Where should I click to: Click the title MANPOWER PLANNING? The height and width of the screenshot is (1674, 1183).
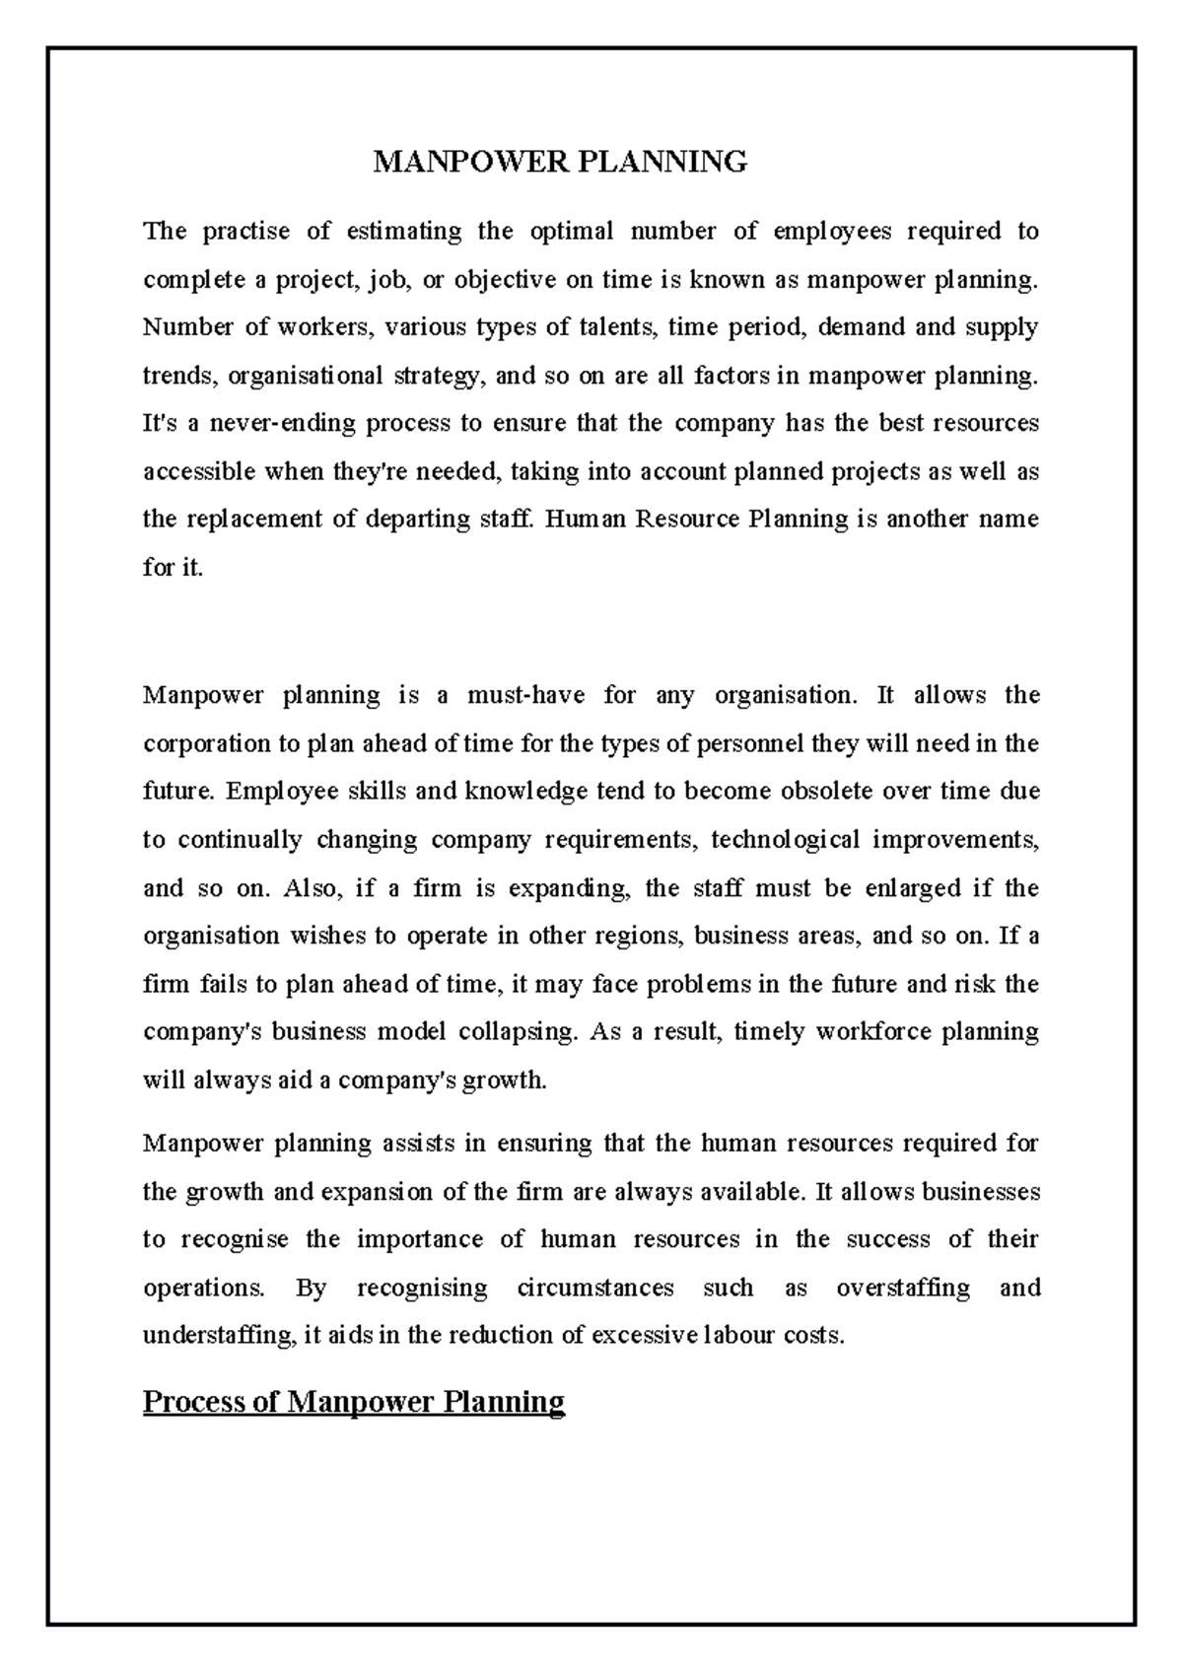point(560,162)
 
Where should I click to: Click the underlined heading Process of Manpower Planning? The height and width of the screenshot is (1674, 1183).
point(353,1401)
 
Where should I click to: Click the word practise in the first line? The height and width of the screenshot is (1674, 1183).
point(246,232)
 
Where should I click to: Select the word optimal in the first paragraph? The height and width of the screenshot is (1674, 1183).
point(572,232)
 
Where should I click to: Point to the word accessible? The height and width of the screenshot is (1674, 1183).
point(199,472)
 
